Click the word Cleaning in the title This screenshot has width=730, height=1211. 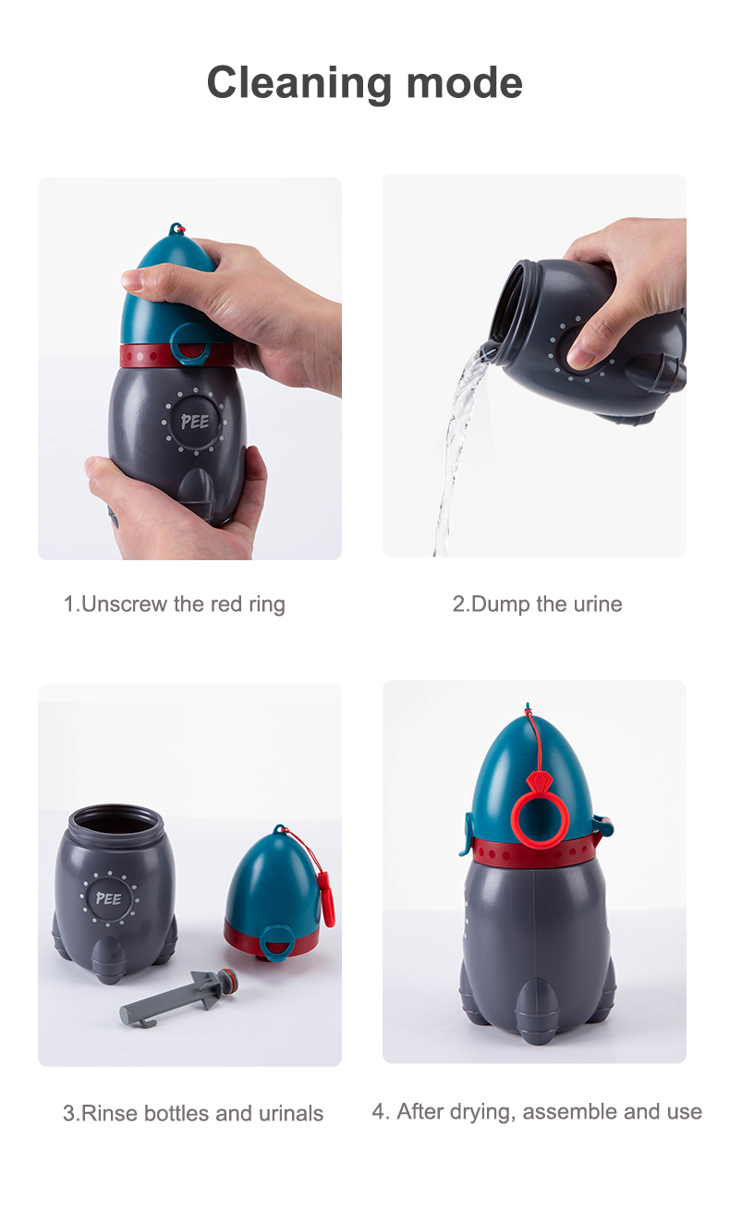click(298, 83)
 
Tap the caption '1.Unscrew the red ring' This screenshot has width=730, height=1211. click(174, 605)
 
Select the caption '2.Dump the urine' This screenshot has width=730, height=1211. click(537, 605)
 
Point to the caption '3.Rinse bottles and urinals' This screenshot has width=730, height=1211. click(193, 1114)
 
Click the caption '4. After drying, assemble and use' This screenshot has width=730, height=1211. click(537, 1112)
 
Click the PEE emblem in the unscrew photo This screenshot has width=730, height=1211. click(194, 422)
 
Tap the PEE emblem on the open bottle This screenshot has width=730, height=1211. click(109, 899)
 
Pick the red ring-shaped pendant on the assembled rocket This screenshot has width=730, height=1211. click(540, 811)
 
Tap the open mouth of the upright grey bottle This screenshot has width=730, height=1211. click(116, 820)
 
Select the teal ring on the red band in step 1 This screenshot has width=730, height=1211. click(189, 345)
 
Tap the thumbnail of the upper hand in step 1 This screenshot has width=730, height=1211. click(132, 280)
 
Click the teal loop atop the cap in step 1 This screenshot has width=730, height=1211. click(176, 228)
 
